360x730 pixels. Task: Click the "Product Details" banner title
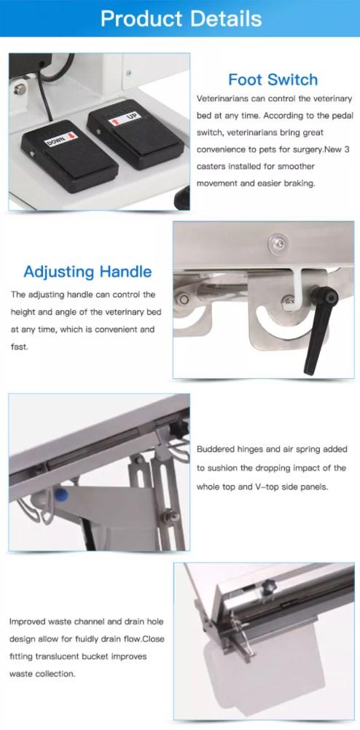click(181, 19)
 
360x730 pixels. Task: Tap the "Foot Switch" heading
click(273, 79)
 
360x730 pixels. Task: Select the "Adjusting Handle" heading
click(87, 272)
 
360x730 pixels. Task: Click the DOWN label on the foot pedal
click(60, 139)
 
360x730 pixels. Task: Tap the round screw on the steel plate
click(277, 243)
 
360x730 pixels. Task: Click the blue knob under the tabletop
click(61, 494)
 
